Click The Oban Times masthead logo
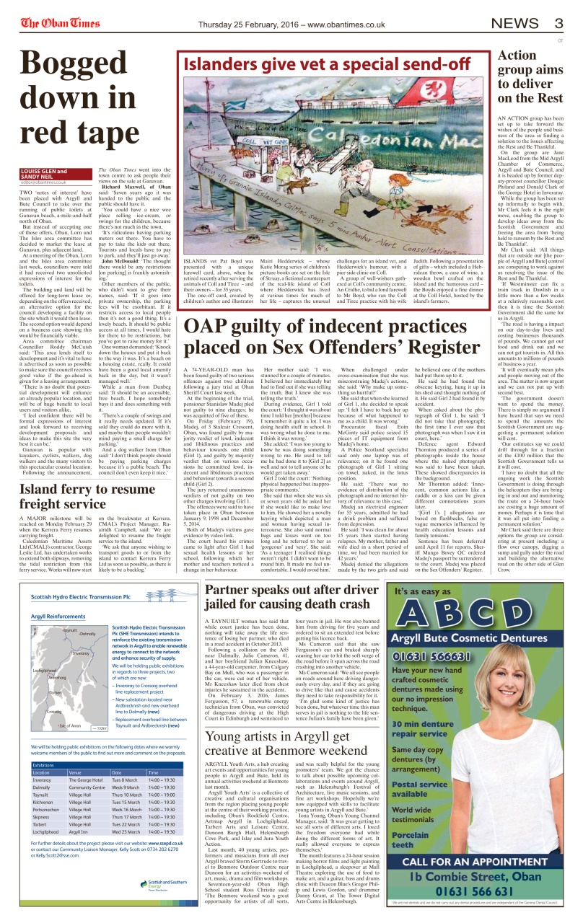click(x=60, y=23)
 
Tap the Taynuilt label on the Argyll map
click(x=70, y=630)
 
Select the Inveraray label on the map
click(x=80, y=653)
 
